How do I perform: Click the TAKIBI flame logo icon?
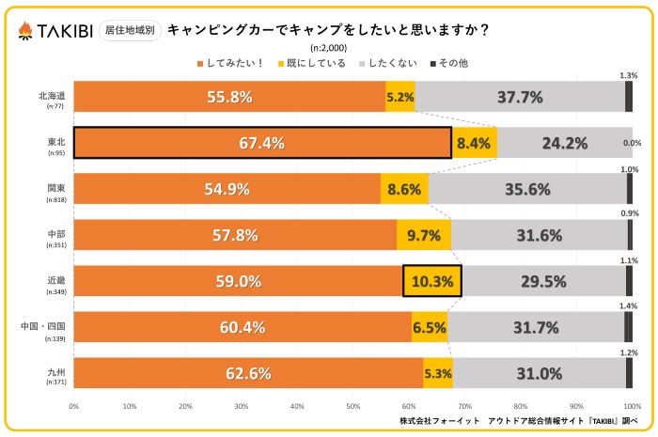pos(24,30)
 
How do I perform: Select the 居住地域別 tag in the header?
pos(129,30)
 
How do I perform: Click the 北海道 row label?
pos(53,96)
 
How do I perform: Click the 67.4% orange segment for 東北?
pos(262,144)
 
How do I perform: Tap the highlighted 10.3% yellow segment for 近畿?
pos(432,281)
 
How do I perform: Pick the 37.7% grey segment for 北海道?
pos(520,97)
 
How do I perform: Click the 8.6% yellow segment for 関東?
pos(404,189)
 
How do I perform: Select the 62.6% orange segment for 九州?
pos(248,373)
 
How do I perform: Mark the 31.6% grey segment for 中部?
pos(539,235)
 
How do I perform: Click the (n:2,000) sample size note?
pos(328,48)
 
